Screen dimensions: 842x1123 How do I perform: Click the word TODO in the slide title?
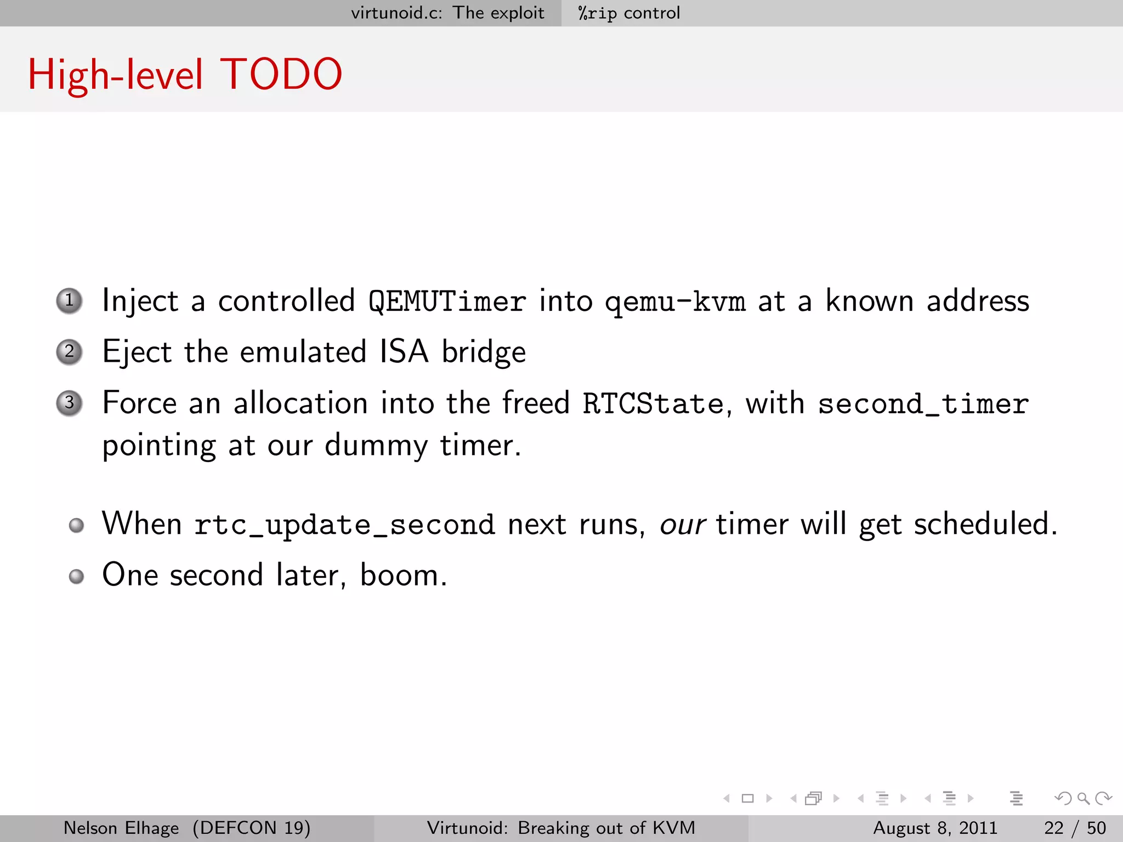coord(281,75)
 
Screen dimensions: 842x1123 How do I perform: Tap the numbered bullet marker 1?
coord(70,300)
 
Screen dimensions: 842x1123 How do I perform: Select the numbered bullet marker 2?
coord(70,352)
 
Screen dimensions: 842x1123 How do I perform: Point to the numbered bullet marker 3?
coord(70,403)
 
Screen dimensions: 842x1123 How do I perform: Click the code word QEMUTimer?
coord(447,301)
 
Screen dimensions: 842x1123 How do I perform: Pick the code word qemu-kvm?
coord(675,301)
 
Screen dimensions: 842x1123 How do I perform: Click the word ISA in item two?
coord(404,351)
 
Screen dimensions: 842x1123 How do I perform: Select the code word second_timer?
coord(923,403)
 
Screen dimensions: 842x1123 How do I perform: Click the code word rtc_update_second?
coord(344,524)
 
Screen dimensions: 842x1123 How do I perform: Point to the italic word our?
coord(682,524)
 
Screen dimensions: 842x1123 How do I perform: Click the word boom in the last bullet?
coord(400,575)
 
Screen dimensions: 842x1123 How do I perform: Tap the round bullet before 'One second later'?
coord(77,576)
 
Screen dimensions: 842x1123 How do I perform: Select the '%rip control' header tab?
coord(629,13)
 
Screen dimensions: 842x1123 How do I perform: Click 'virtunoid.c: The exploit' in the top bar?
coord(447,13)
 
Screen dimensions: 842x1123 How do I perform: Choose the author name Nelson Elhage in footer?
coord(121,828)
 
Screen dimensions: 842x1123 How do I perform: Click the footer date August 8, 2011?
coord(935,828)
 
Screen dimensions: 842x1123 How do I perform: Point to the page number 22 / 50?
coord(1075,828)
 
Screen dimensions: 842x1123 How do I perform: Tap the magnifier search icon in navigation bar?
coord(1082,798)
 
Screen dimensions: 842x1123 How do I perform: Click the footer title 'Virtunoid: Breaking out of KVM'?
coord(561,828)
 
